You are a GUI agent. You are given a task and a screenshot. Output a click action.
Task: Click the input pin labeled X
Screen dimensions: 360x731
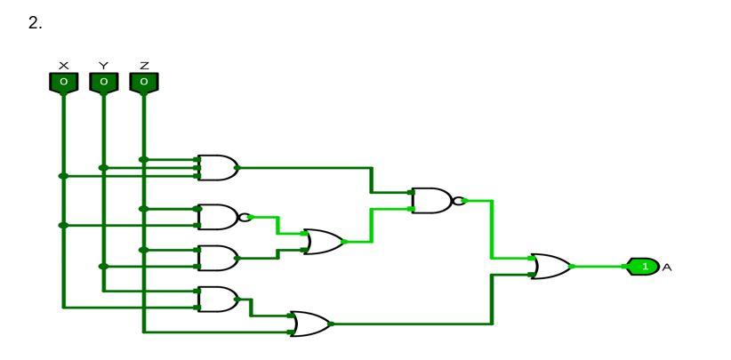[x=62, y=83]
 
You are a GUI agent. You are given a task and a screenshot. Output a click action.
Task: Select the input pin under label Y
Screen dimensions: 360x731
[x=103, y=83]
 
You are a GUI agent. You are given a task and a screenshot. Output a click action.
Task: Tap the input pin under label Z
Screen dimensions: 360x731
[x=144, y=83]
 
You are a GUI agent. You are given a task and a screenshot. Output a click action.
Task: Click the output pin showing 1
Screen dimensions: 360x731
[x=643, y=266]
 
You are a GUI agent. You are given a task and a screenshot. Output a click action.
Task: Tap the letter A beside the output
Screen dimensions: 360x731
[x=665, y=266]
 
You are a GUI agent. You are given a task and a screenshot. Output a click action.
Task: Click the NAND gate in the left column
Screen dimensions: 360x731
[x=217, y=216]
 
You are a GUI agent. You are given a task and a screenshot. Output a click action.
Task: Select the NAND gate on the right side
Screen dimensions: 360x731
[x=430, y=200]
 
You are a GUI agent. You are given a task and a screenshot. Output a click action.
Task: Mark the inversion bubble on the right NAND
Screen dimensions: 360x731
[x=457, y=200]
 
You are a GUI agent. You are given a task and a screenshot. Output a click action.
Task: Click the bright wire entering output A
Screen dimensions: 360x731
[x=600, y=266]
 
